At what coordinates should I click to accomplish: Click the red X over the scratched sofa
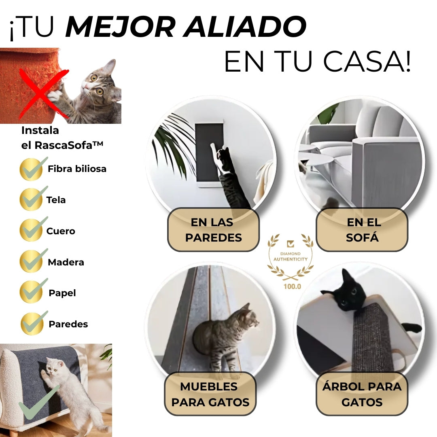pos(42,93)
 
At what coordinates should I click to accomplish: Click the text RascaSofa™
pos(69,145)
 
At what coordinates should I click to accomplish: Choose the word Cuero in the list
pos(60,231)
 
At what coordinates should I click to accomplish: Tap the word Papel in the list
pos(62,293)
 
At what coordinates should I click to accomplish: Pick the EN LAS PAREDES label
pos(214,230)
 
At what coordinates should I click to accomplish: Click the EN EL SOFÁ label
pos(362,230)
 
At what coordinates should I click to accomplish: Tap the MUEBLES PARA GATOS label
pos(210,394)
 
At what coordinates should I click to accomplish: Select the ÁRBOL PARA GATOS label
pos(362,394)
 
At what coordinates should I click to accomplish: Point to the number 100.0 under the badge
pos(292,286)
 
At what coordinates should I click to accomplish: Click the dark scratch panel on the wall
pos(209,153)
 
